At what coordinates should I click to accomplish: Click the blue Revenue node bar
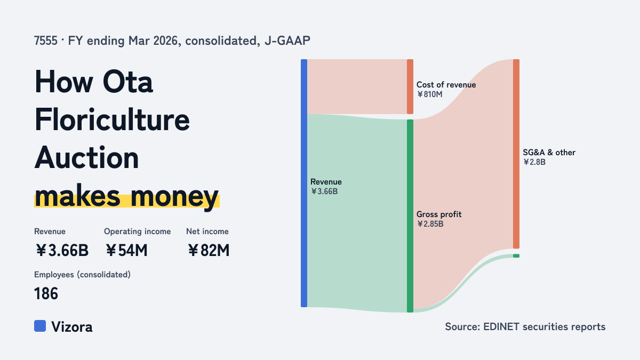[304, 183]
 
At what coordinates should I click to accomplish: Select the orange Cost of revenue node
[410, 86]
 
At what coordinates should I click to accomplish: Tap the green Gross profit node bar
[410, 216]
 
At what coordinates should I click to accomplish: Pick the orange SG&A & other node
[516, 154]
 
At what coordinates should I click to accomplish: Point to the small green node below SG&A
[516, 255]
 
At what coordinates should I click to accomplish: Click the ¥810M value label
[429, 94]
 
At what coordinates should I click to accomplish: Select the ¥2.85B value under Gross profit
[430, 223]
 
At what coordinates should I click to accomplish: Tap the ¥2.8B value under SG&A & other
[534, 162]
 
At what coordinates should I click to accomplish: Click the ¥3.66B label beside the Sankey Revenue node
[324, 191]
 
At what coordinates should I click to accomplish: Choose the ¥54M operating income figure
[126, 250]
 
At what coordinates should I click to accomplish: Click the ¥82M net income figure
[209, 250]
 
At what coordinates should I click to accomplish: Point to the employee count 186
[46, 293]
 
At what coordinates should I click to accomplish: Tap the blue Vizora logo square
[40, 326]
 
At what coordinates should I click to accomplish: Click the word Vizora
[71, 327]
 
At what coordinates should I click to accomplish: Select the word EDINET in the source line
[501, 326]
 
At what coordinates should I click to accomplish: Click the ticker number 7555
[46, 41]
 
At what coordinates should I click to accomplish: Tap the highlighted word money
[174, 197]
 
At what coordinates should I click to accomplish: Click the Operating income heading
[138, 231]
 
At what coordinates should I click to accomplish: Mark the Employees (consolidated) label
[82, 275]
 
